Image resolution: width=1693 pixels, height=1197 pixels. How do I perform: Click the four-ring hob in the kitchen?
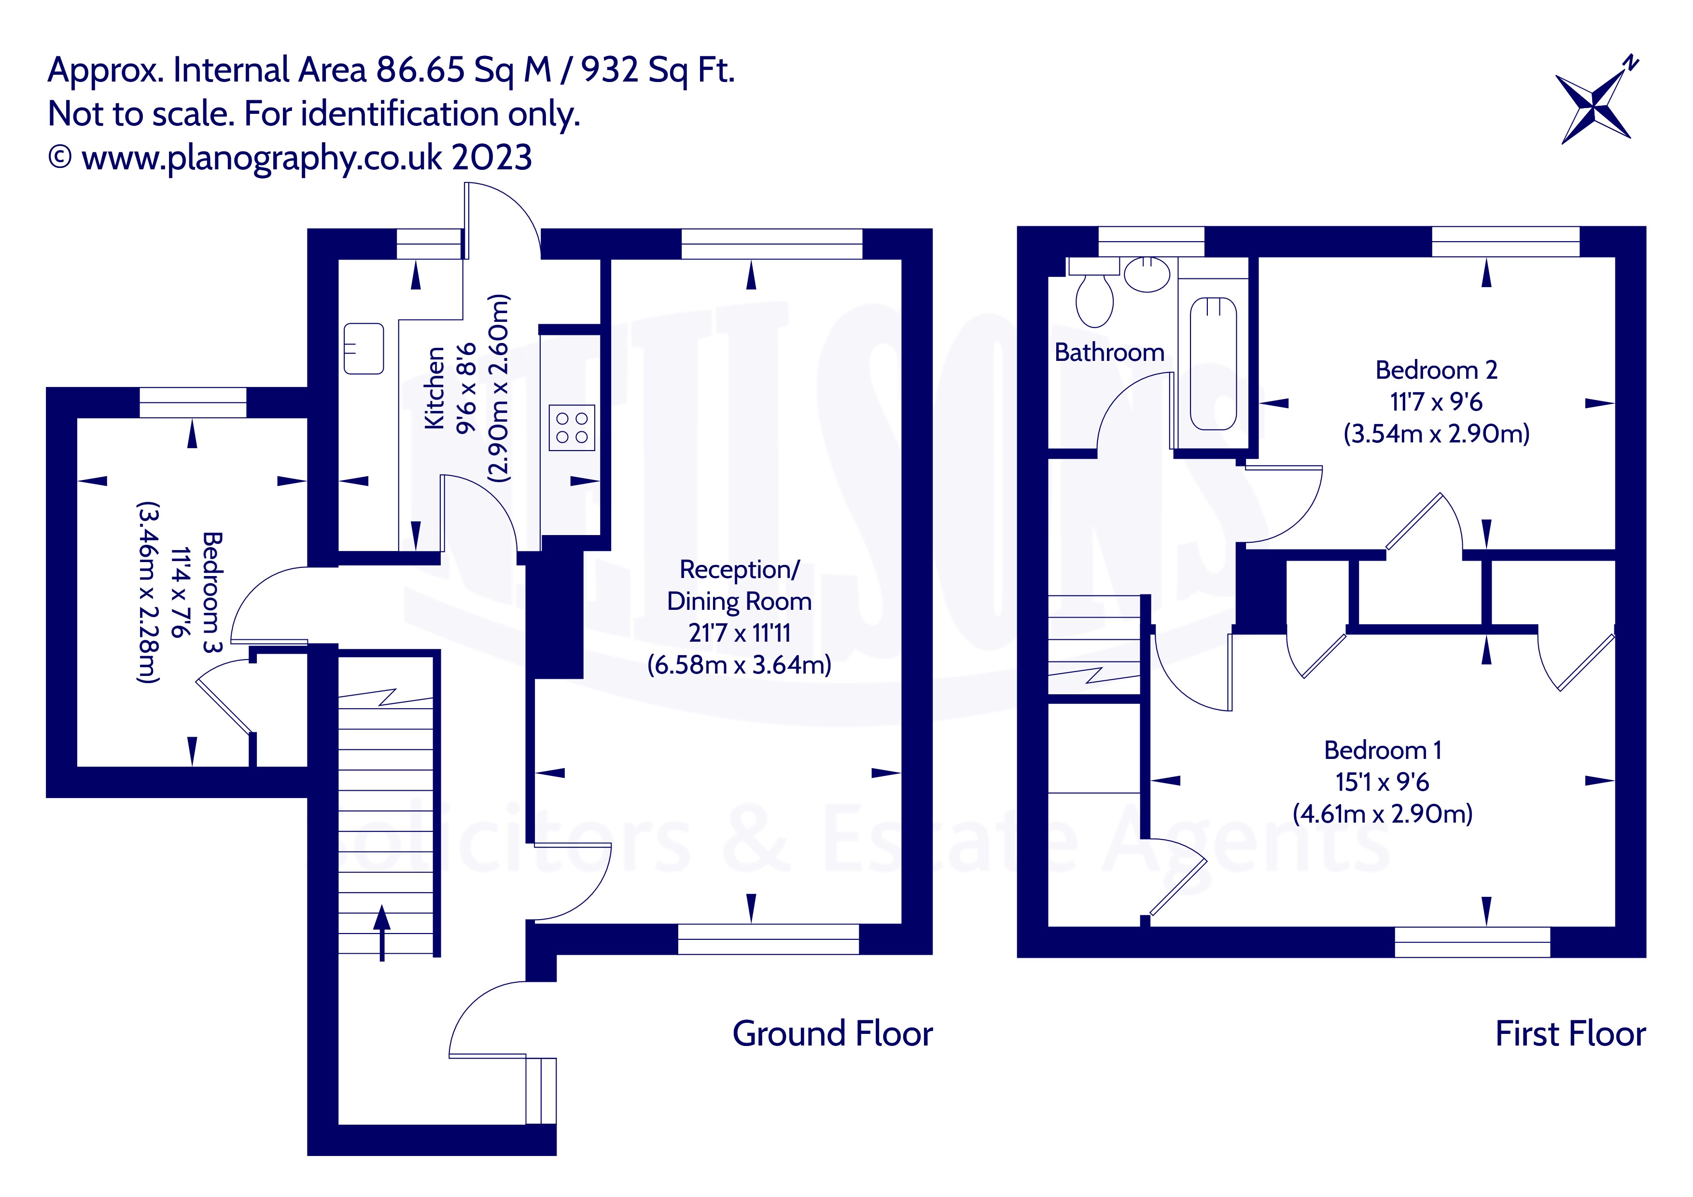(572, 427)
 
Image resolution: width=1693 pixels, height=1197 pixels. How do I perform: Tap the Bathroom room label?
(1109, 352)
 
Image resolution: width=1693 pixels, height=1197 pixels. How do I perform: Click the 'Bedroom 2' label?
(1436, 370)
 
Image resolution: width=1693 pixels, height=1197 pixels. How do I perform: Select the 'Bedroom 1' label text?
(1382, 750)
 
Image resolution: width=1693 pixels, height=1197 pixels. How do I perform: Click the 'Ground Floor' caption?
(832, 1033)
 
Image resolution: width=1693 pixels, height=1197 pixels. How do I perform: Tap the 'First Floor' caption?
(1570, 1033)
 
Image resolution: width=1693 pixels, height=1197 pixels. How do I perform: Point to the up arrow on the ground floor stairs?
(381, 933)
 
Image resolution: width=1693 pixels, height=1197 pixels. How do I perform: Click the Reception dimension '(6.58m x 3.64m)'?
(739, 665)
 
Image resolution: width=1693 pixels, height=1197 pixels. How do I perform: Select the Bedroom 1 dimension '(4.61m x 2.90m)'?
(1382, 814)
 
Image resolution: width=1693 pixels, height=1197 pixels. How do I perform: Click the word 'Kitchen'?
(434, 388)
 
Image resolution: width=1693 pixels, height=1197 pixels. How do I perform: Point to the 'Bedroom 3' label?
(211, 592)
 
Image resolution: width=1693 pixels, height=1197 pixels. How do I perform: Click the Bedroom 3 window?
(193, 402)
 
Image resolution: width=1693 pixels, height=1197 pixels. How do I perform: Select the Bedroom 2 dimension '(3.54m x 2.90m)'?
(1436, 433)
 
